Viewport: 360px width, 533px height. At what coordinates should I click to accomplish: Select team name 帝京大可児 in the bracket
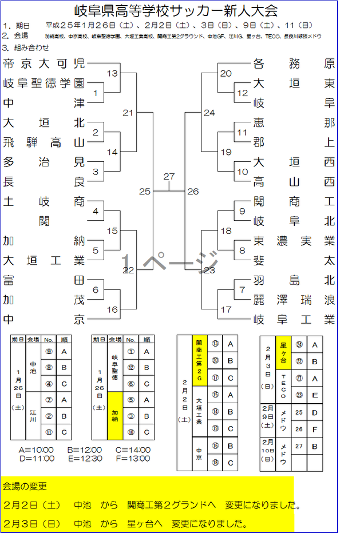[x=44, y=63]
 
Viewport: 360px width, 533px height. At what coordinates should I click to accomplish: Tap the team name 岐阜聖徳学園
[x=44, y=83]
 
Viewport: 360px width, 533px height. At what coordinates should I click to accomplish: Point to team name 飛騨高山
[x=44, y=142]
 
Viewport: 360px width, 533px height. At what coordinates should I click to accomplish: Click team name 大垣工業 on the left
[x=44, y=261]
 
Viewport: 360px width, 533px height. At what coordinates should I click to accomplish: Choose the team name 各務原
[x=294, y=63]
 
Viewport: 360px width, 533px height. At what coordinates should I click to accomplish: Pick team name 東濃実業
[x=294, y=241]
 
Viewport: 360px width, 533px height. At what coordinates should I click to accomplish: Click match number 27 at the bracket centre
[x=169, y=177]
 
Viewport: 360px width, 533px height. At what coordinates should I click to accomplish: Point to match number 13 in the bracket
[x=112, y=73]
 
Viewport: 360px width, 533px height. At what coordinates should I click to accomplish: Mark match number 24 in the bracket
[x=209, y=113]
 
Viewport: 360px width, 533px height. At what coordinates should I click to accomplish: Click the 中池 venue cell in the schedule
[x=33, y=367]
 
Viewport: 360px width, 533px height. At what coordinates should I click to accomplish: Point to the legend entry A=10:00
[x=36, y=450]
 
